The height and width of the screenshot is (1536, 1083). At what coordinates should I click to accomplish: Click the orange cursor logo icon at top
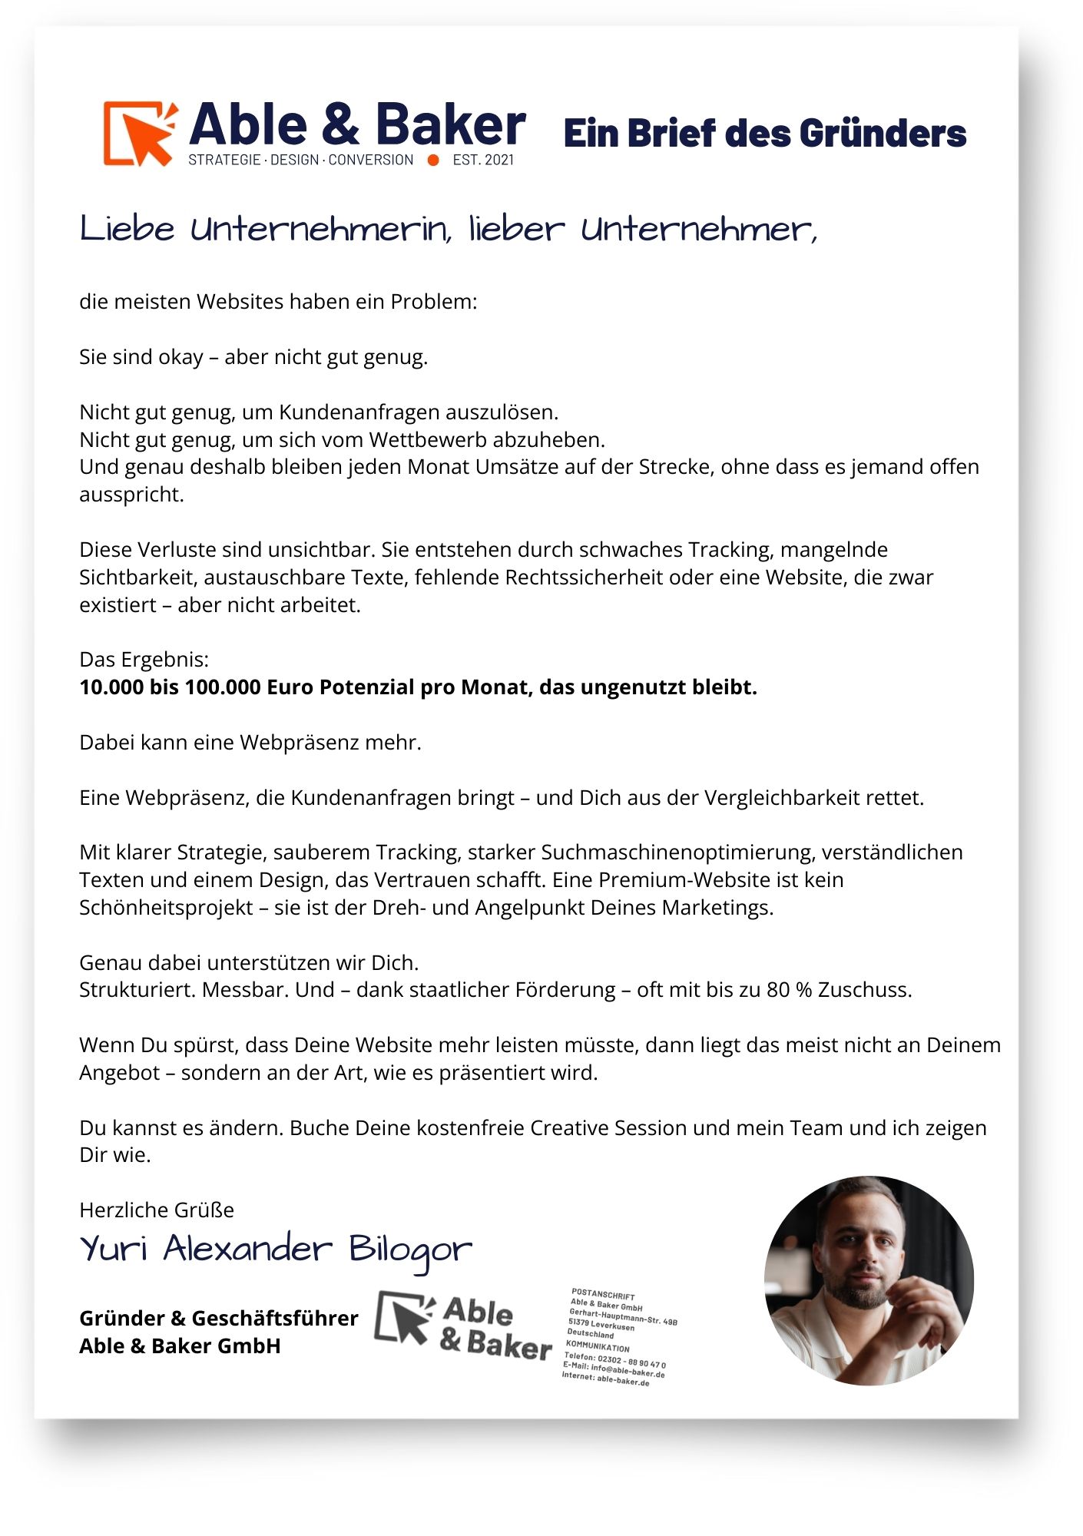pos(141,133)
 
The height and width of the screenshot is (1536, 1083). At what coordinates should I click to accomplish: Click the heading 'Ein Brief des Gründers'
pos(764,134)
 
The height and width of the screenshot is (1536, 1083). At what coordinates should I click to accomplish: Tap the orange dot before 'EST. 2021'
pos(433,161)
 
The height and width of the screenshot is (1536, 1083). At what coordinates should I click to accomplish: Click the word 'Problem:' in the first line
pos(434,302)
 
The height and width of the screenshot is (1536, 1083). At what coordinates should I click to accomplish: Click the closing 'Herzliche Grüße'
pos(157,1210)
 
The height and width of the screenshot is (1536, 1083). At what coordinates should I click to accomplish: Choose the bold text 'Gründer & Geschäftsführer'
pos(219,1319)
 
